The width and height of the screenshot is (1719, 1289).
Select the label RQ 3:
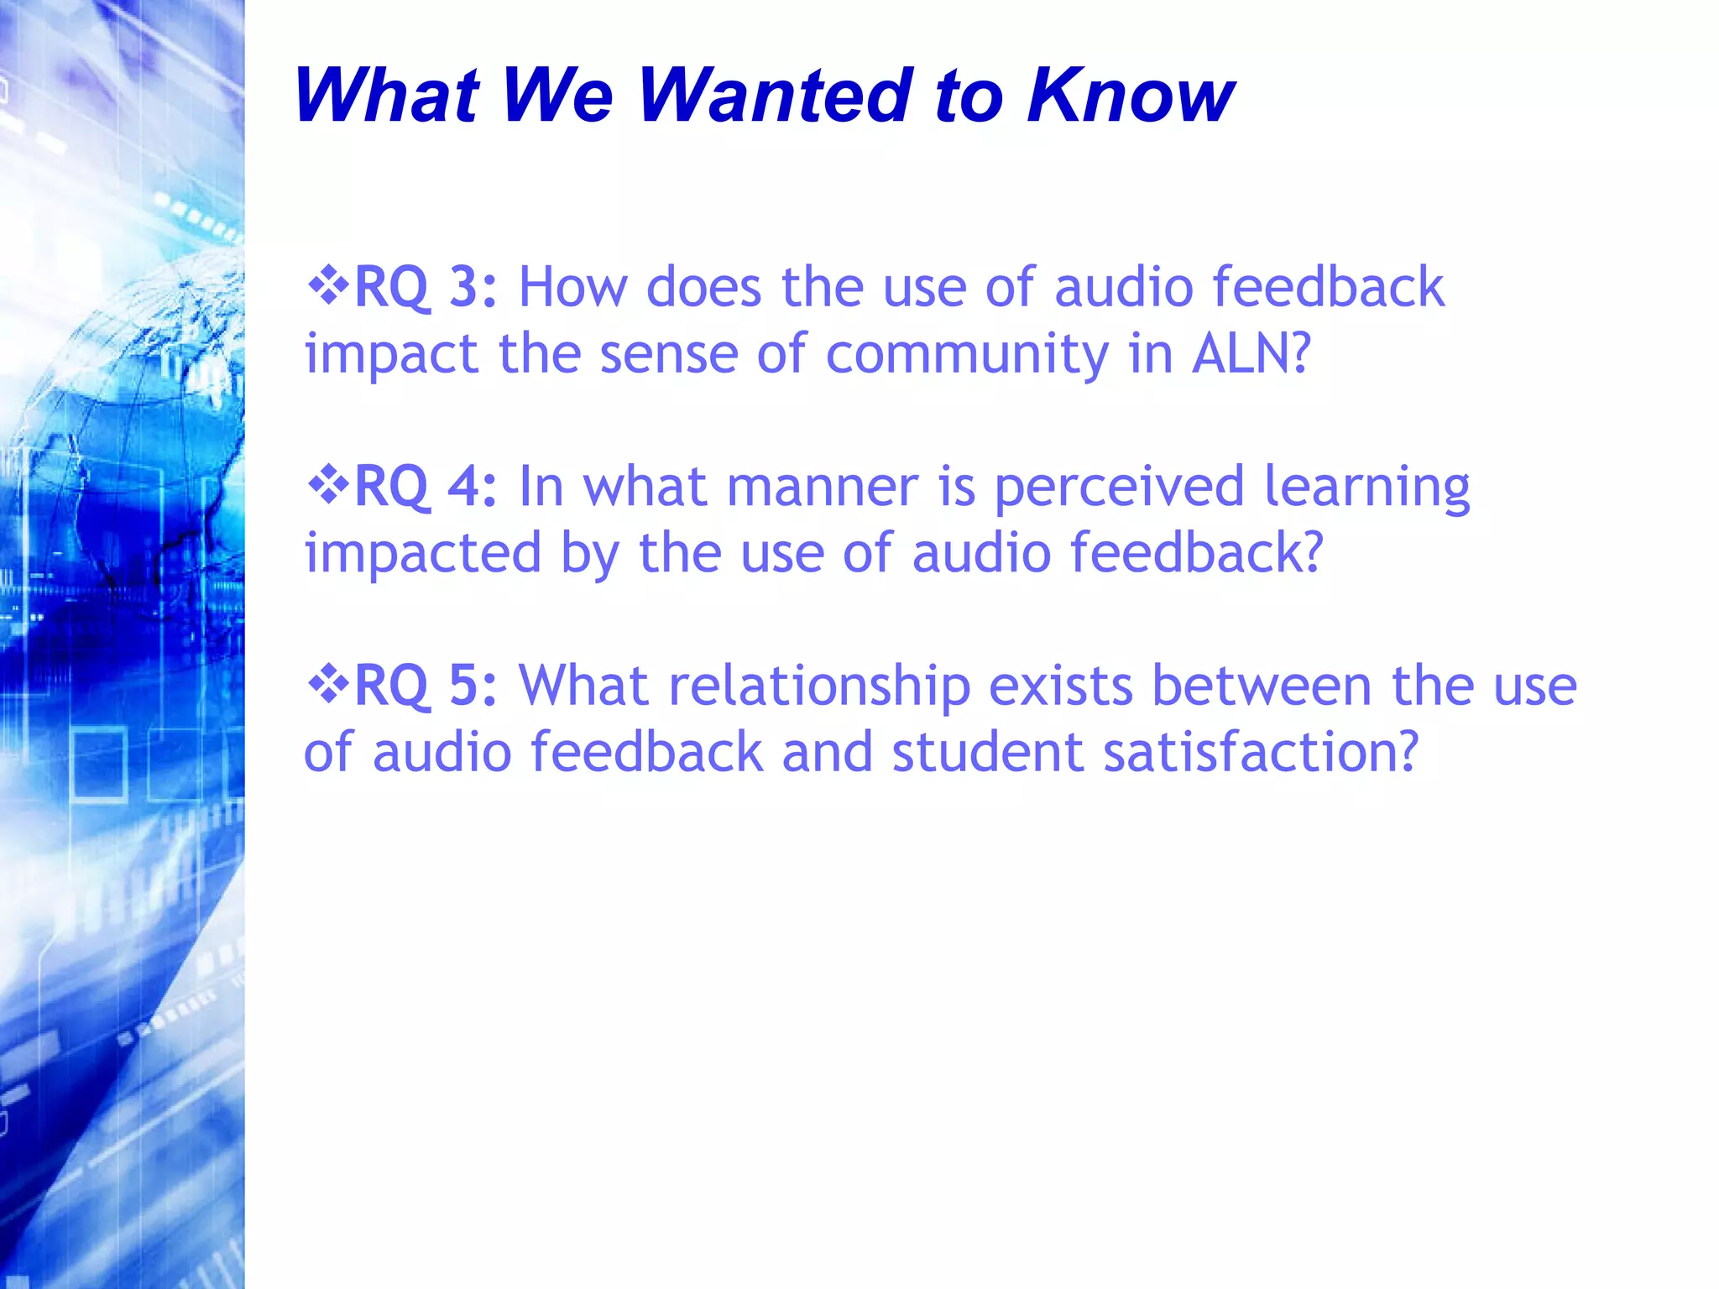[x=426, y=287]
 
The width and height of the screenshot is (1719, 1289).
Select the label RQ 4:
[x=426, y=486]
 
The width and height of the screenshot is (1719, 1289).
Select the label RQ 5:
[x=426, y=686]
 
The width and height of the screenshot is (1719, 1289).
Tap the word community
[x=967, y=355]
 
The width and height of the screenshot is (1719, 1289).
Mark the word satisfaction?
[x=1260, y=751]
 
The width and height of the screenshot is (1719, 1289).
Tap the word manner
[x=823, y=488]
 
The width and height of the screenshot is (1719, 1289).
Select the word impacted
[x=422, y=554]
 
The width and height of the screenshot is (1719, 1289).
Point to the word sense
[x=668, y=355]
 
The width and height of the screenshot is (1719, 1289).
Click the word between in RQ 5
[x=1261, y=686]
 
